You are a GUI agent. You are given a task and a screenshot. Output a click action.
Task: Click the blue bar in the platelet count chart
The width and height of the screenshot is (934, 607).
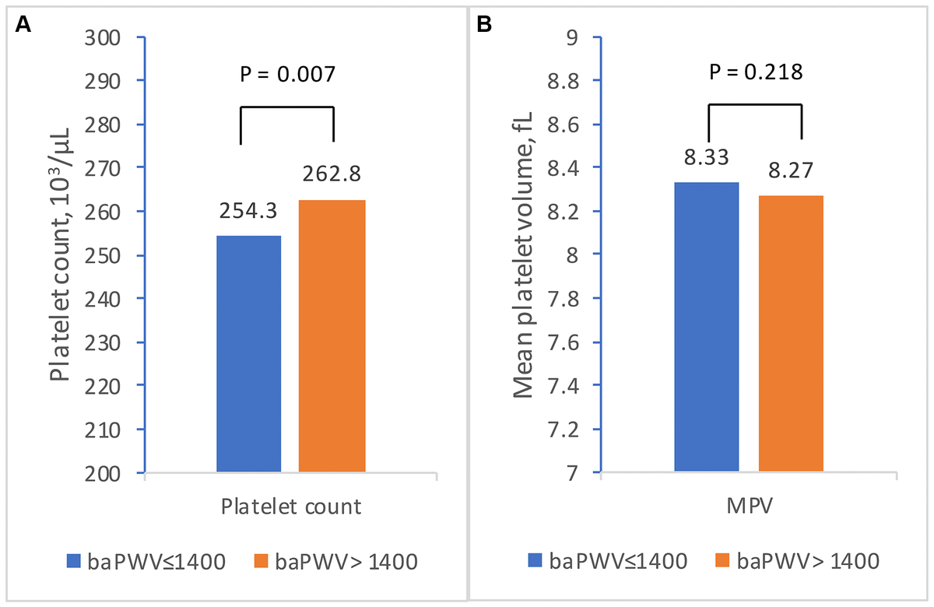pyautogui.click(x=248, y=353)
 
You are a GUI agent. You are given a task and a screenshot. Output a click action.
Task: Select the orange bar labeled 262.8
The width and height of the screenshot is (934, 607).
pyautogui.click(x=332, y=335)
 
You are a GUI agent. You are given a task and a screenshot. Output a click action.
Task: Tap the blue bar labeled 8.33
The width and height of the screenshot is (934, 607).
pyautogui.click(x=707, y=327)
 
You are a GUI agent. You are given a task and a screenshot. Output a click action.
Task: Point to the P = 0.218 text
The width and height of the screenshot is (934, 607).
pyautogui.click(x=755, y=72)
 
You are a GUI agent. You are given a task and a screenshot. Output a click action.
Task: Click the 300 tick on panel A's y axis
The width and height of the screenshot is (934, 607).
pyautogui.click(x=114, y=37)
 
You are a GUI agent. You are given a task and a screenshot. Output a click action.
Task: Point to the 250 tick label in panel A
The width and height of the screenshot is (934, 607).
pyautogui.click(x=114, y=254)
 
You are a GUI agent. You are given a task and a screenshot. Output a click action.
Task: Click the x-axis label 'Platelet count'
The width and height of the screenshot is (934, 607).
pyautogui.click(x=290, y=507)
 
